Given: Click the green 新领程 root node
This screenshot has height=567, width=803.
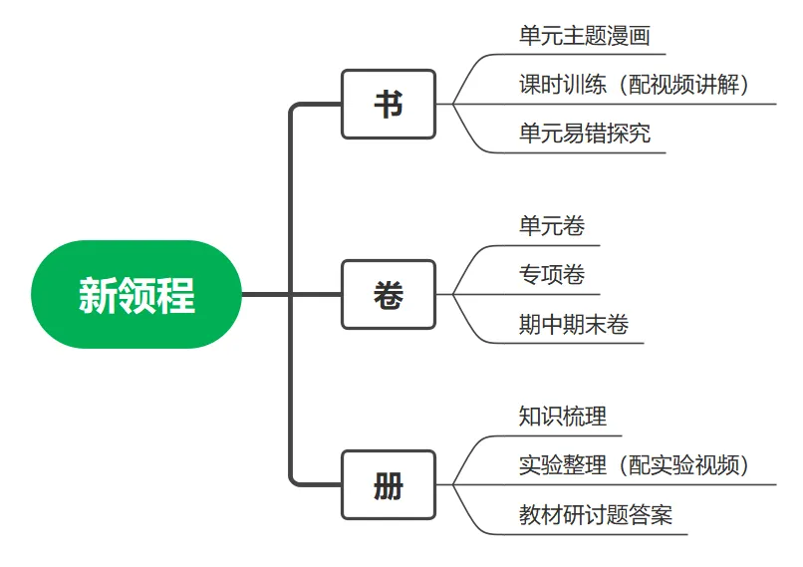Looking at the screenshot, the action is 136,295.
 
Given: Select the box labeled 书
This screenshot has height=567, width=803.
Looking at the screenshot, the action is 389,104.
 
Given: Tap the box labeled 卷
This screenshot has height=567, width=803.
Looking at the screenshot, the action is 389,295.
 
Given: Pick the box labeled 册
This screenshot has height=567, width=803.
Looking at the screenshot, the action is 389,485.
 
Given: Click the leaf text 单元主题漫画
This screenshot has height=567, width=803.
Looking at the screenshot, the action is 585,36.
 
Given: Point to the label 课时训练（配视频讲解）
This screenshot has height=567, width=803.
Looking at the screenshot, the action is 634,85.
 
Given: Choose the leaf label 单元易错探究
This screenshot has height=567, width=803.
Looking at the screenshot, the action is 585,134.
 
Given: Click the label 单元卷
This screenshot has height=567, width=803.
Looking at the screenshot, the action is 552,226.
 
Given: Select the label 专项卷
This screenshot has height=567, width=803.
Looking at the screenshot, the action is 552,275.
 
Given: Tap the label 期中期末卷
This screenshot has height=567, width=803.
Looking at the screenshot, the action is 574,324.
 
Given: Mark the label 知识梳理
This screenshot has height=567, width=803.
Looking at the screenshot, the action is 562,417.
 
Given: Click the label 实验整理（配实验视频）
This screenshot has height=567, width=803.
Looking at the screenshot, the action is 634,465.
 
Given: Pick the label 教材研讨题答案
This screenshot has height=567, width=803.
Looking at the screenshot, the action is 596,514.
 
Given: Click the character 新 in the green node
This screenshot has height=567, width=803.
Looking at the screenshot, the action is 98,296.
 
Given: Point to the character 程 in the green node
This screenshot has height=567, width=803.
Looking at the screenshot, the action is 175,296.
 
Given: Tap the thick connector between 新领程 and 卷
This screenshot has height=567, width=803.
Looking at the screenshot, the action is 291,295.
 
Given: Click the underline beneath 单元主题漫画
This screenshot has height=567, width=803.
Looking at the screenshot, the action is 575,54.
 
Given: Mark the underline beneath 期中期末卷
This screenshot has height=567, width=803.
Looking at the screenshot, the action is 564,343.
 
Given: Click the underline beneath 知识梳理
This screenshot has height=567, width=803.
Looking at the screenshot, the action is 553,435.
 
